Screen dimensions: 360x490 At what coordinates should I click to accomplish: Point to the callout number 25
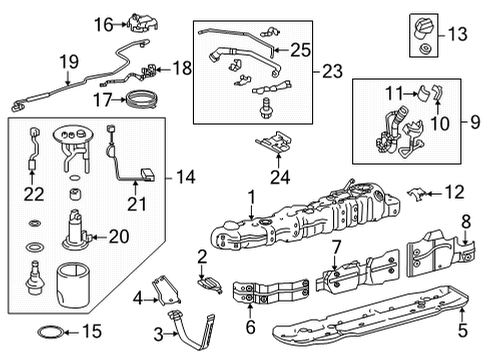click(x=299, y=47)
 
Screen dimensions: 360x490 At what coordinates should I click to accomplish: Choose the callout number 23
click(x=332, y=72)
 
